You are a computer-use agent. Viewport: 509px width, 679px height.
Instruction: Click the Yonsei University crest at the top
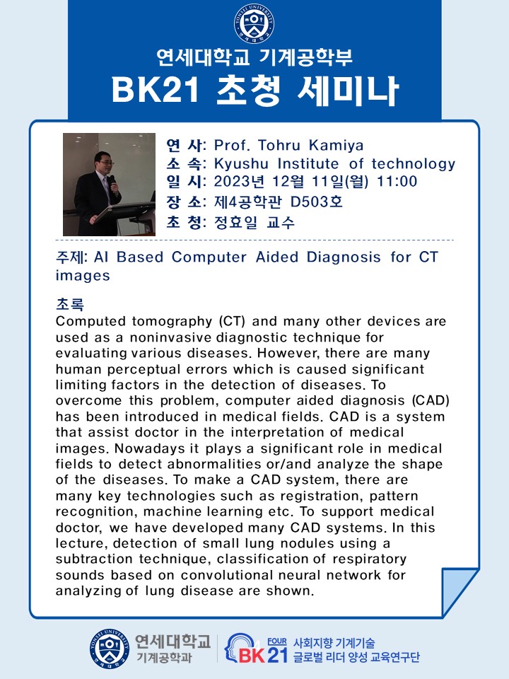pos(254,23)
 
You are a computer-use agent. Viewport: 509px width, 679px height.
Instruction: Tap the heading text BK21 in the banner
pos(156,90)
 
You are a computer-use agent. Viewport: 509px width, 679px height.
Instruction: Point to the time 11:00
pos(397,181)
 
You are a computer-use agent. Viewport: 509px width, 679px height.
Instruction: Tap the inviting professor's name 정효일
pos(235,222)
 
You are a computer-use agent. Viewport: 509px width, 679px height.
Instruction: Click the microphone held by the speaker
pos(112,182)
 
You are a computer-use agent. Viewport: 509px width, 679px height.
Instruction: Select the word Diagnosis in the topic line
pos(344,257)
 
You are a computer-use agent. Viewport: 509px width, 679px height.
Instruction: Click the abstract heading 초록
pos(70,304)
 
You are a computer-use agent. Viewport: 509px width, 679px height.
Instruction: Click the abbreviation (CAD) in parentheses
pos(431,400)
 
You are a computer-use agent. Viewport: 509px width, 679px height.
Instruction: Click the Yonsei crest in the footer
pos(110,649)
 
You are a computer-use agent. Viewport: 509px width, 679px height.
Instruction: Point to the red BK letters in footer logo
pos(251,655)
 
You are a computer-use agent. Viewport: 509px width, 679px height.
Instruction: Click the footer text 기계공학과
pos(164,658)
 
